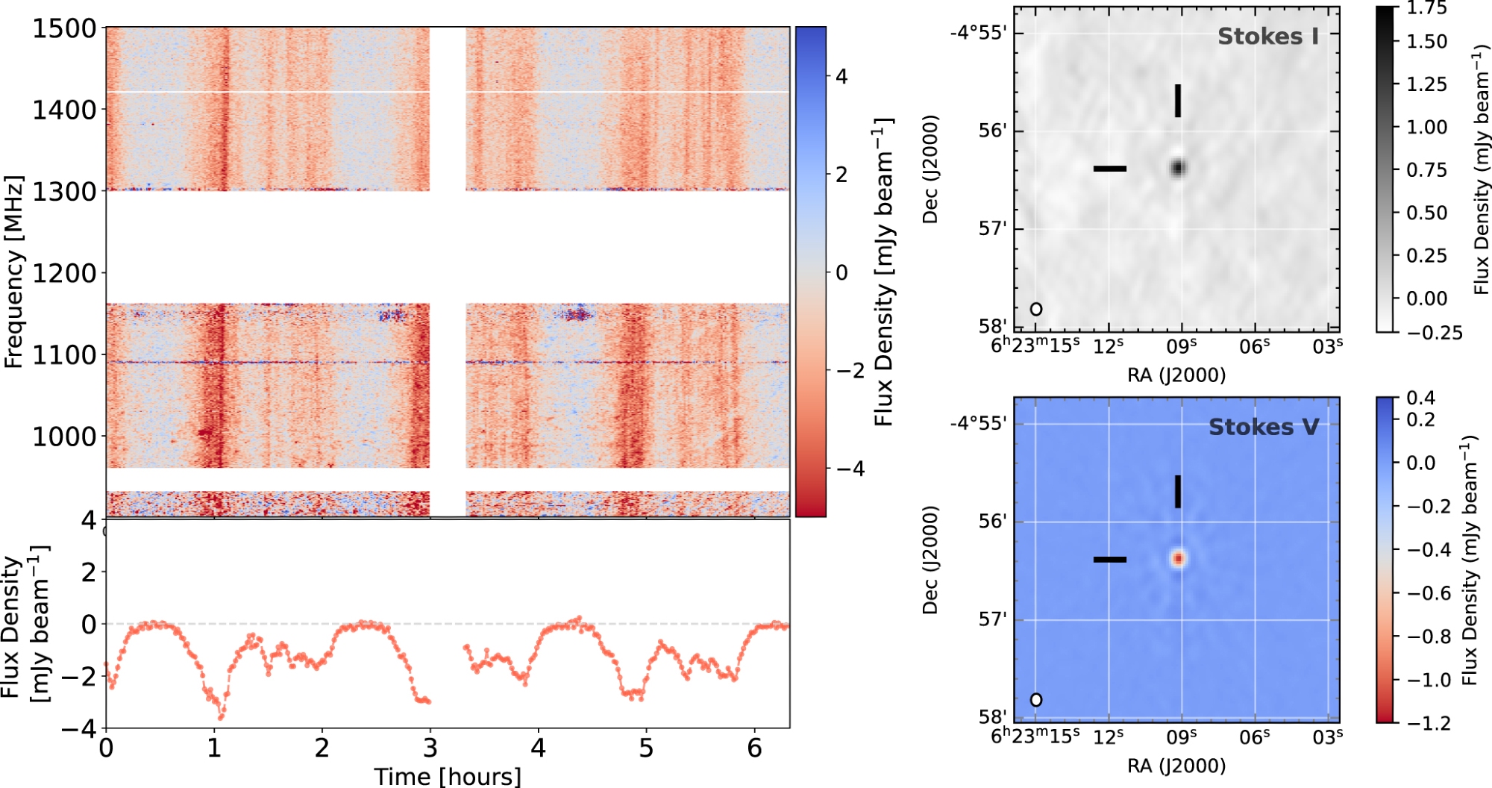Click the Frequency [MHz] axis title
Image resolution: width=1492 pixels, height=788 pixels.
(13, 272)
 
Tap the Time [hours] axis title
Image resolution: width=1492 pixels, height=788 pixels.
(448, 777)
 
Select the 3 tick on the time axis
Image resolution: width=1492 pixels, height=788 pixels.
(430, 748)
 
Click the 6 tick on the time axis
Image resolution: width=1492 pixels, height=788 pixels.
(754, 748)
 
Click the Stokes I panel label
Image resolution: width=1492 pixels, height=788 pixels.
(1267, 37)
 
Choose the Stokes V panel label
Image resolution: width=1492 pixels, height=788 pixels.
(1264, 427)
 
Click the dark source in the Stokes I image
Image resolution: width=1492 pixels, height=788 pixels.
(1178, 168)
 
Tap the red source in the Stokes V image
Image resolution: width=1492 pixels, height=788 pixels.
(1178, 558)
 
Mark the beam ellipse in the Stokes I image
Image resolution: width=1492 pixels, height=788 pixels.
(1036, 309)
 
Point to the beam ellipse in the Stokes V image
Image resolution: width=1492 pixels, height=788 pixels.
(1036, 700)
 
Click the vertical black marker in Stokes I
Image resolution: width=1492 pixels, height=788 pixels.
(1178, 101)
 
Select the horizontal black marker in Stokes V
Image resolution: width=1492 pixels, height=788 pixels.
(1110, 559)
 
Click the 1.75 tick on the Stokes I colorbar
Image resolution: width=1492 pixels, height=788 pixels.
(1426, 8)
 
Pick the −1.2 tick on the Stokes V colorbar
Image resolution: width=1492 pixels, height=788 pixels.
(1428, 723)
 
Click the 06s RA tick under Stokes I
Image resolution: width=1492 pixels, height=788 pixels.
(1255, 346)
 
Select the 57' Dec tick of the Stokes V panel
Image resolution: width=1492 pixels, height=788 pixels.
(992, 619)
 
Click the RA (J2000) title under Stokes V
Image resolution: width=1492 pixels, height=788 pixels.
(1176, 766)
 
